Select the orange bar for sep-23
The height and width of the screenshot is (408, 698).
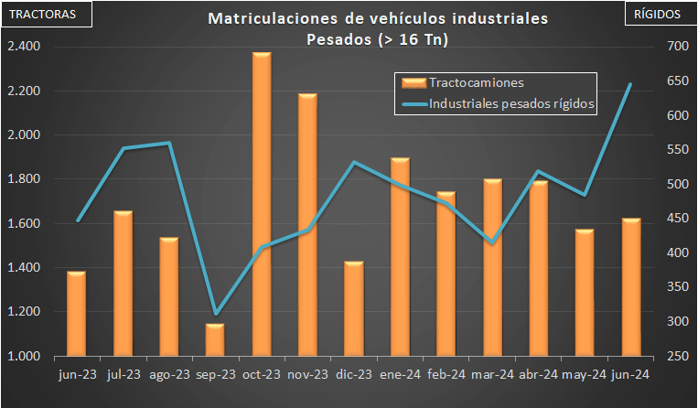pos(215,339)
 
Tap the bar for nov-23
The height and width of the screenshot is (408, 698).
pos(307,224)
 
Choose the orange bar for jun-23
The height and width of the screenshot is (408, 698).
pos(77,313)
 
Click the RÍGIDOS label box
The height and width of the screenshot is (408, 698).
pos(659,15)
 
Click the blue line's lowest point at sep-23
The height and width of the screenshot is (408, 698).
pos(215,314)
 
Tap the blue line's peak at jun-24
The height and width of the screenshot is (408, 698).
pos(630,84)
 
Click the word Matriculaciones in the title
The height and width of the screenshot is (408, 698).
pos(264,19)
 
